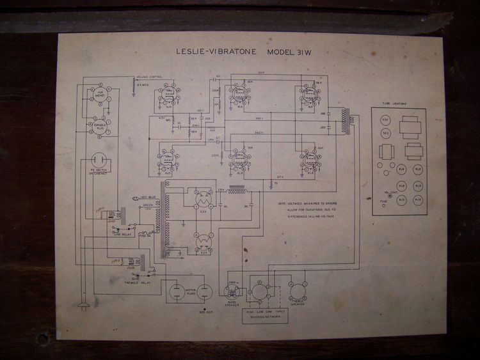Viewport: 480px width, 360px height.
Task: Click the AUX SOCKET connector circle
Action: pyautogui.click(x=99, y=97)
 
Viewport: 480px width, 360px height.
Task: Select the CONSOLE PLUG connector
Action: pyautogui.click(x=99, y=125)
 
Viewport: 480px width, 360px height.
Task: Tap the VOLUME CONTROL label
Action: pyautogui.click(x=147, y=77)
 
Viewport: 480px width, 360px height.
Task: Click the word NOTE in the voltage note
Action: pyautogui.click(x=283, y=203)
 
